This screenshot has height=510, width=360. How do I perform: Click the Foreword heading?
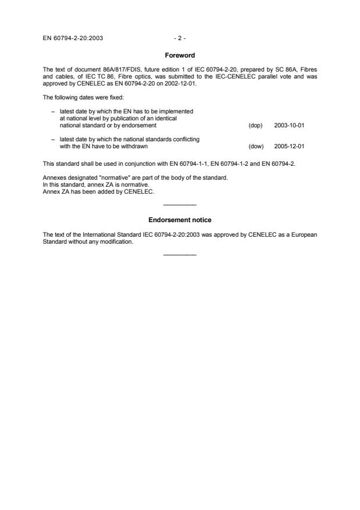point(180,55)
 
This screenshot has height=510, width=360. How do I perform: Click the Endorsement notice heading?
point(180,219)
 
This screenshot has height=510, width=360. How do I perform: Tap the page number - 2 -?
point(180,38)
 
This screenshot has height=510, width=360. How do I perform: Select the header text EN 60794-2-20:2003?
point(73,38)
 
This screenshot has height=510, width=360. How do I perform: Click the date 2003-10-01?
point(288,125)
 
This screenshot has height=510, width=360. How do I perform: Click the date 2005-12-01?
point(288,147)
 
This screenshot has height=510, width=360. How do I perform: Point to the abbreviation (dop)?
point(255,125)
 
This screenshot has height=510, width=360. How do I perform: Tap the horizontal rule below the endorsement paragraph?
point(180,255)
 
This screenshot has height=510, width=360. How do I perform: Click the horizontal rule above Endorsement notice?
point(180,205)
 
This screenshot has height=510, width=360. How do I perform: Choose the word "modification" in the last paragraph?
point(119,242)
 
